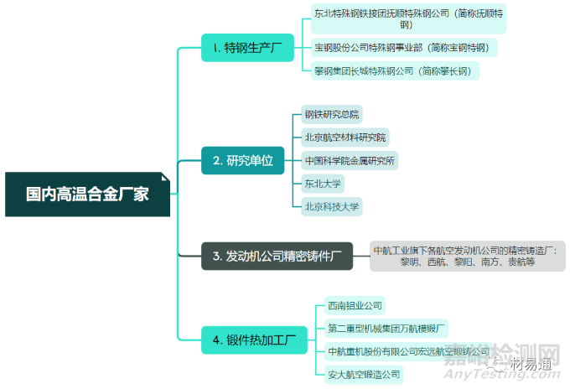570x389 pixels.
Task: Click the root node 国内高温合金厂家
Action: tap(89, 194)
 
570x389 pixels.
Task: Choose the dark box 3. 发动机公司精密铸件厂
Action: tap(277, 256)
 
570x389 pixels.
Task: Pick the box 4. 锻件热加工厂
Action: tap(254, 340)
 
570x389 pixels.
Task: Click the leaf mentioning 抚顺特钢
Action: tap(408, 19)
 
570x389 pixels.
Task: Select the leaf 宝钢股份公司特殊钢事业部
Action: tap(402, 48)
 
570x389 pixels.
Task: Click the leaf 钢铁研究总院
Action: tap(332, 115)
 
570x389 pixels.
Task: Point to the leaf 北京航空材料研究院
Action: tap(346, 137)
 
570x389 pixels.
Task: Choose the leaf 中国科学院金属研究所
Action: tap(350, 160)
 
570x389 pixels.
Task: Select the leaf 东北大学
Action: tap(324, 183)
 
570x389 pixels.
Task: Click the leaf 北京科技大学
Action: tap(331, 205)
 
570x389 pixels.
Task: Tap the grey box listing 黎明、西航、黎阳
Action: tap(469, 256)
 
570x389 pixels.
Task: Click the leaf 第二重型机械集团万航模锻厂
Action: tap(386, 328)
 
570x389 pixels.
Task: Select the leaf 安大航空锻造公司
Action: tap(365, 374)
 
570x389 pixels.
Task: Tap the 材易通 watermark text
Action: tap(532, 362)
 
